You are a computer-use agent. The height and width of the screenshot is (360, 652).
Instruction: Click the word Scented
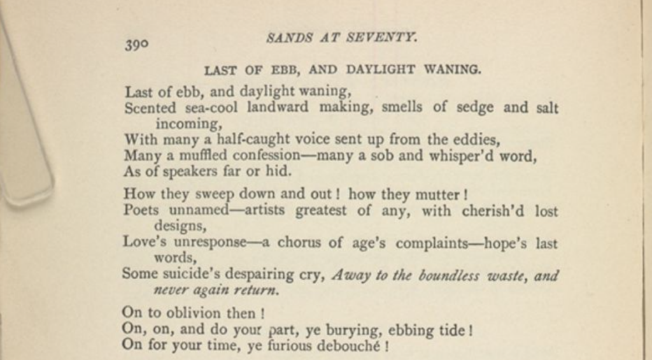click(146, 107)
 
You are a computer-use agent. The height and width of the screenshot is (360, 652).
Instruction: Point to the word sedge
click(475, 107)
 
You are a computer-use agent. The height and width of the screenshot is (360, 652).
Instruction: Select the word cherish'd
click(495, 210)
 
